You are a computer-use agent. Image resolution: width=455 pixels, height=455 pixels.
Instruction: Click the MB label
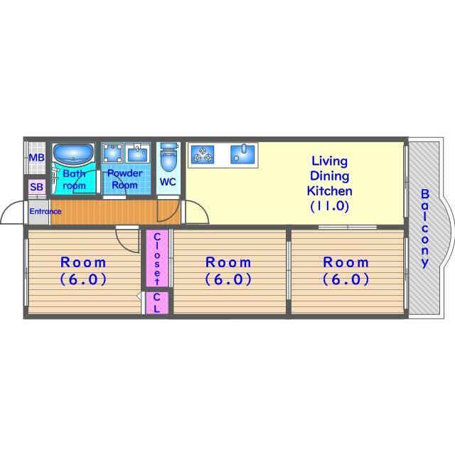(37, 158)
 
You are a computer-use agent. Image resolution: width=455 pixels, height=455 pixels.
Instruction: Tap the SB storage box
(37, 187)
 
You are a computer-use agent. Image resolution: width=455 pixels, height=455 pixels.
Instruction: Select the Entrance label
(45, 211)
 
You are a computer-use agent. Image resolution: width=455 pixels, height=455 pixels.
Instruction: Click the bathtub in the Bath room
(73, 154)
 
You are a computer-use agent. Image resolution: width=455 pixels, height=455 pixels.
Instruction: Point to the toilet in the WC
(168, 157)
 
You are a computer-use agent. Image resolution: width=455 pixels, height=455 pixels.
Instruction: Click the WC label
(168, 182)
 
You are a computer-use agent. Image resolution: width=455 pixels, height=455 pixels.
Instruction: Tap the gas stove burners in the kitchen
(203, 154)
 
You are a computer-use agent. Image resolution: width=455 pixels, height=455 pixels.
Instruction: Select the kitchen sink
(242, 154)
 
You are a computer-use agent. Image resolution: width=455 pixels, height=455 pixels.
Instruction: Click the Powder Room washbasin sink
(137, 154)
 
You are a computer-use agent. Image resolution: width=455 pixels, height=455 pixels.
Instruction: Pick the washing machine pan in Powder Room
(112, 153)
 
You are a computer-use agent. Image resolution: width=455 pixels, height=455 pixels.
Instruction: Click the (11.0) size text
(329, 206)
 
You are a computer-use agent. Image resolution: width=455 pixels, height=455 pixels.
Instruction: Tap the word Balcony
(425, 228)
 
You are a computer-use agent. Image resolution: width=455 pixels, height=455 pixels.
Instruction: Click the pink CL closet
(156, 303)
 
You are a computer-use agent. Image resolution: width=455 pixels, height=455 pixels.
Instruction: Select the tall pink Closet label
(157, 259)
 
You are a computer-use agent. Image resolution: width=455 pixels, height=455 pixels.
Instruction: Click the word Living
(329, 161)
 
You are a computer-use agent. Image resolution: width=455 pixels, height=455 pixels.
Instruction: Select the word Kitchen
(330, 191)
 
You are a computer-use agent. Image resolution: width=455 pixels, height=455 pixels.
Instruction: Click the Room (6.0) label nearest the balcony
(346, 271)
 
